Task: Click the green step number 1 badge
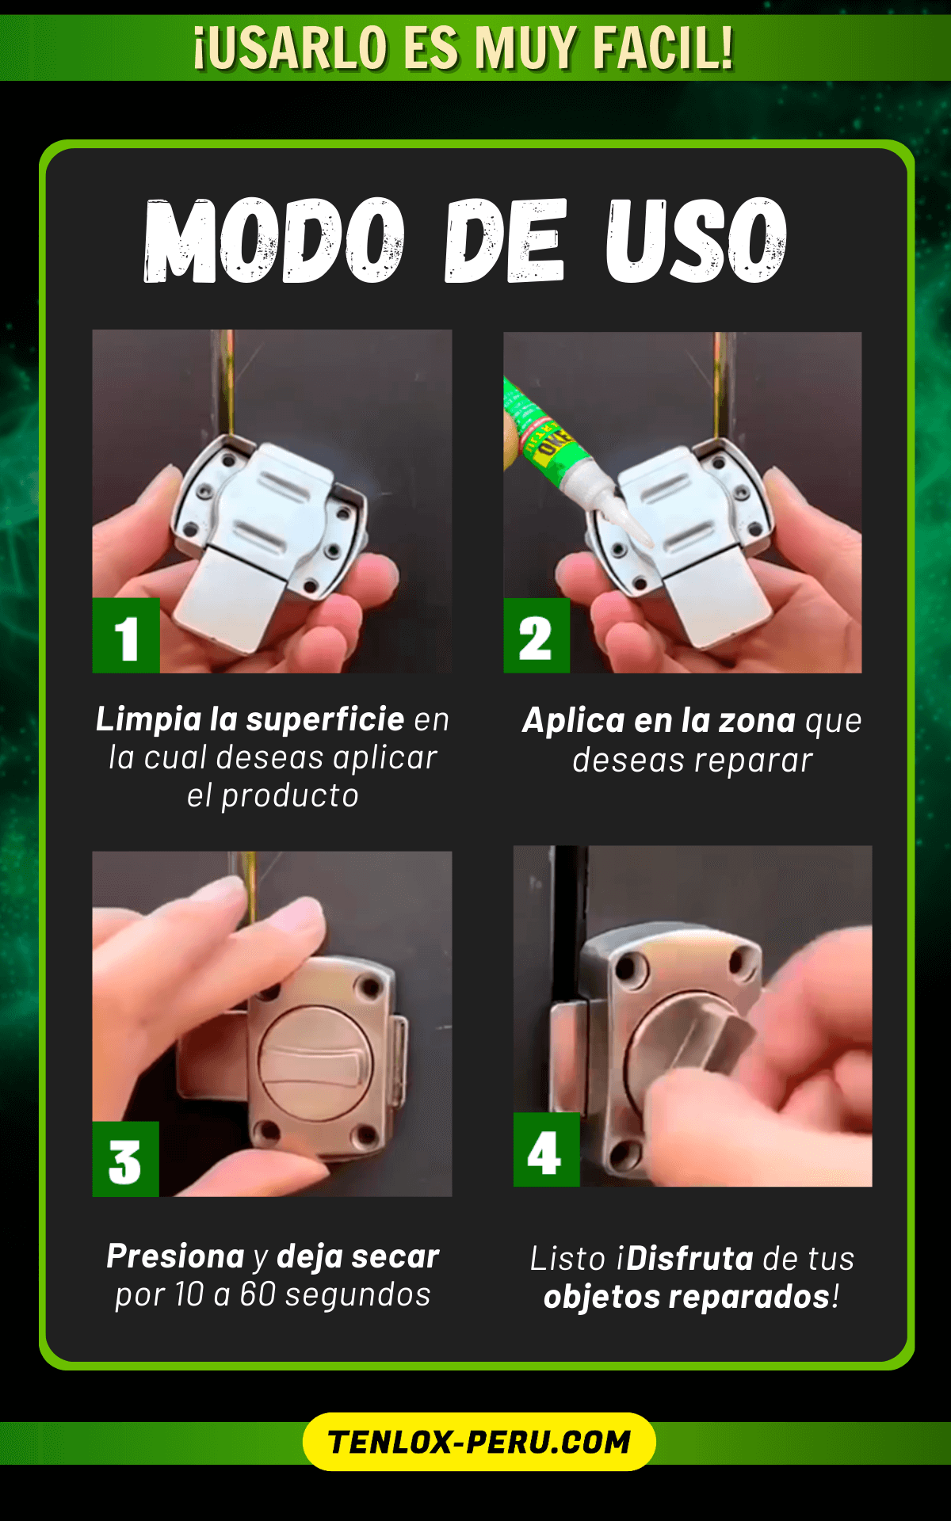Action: click(x=126, y=635)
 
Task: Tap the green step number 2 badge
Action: click(x=537, y=635)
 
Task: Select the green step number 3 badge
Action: click(x=125, y=1159)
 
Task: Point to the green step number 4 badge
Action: click(x=546, y=1149)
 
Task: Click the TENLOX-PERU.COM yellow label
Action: click(x=479, y=1442)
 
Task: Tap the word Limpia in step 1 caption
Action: click(x=149, y=719)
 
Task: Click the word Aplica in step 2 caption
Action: click(x=575, y=721)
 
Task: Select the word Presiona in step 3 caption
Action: click(x=176, y=1256)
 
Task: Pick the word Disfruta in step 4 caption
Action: click(x=690, y=1259)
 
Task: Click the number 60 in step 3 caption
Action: click(x=258, y=1294)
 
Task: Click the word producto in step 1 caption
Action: click(x=289, y=796)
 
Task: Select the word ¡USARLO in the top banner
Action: click(x=290, y=48)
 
